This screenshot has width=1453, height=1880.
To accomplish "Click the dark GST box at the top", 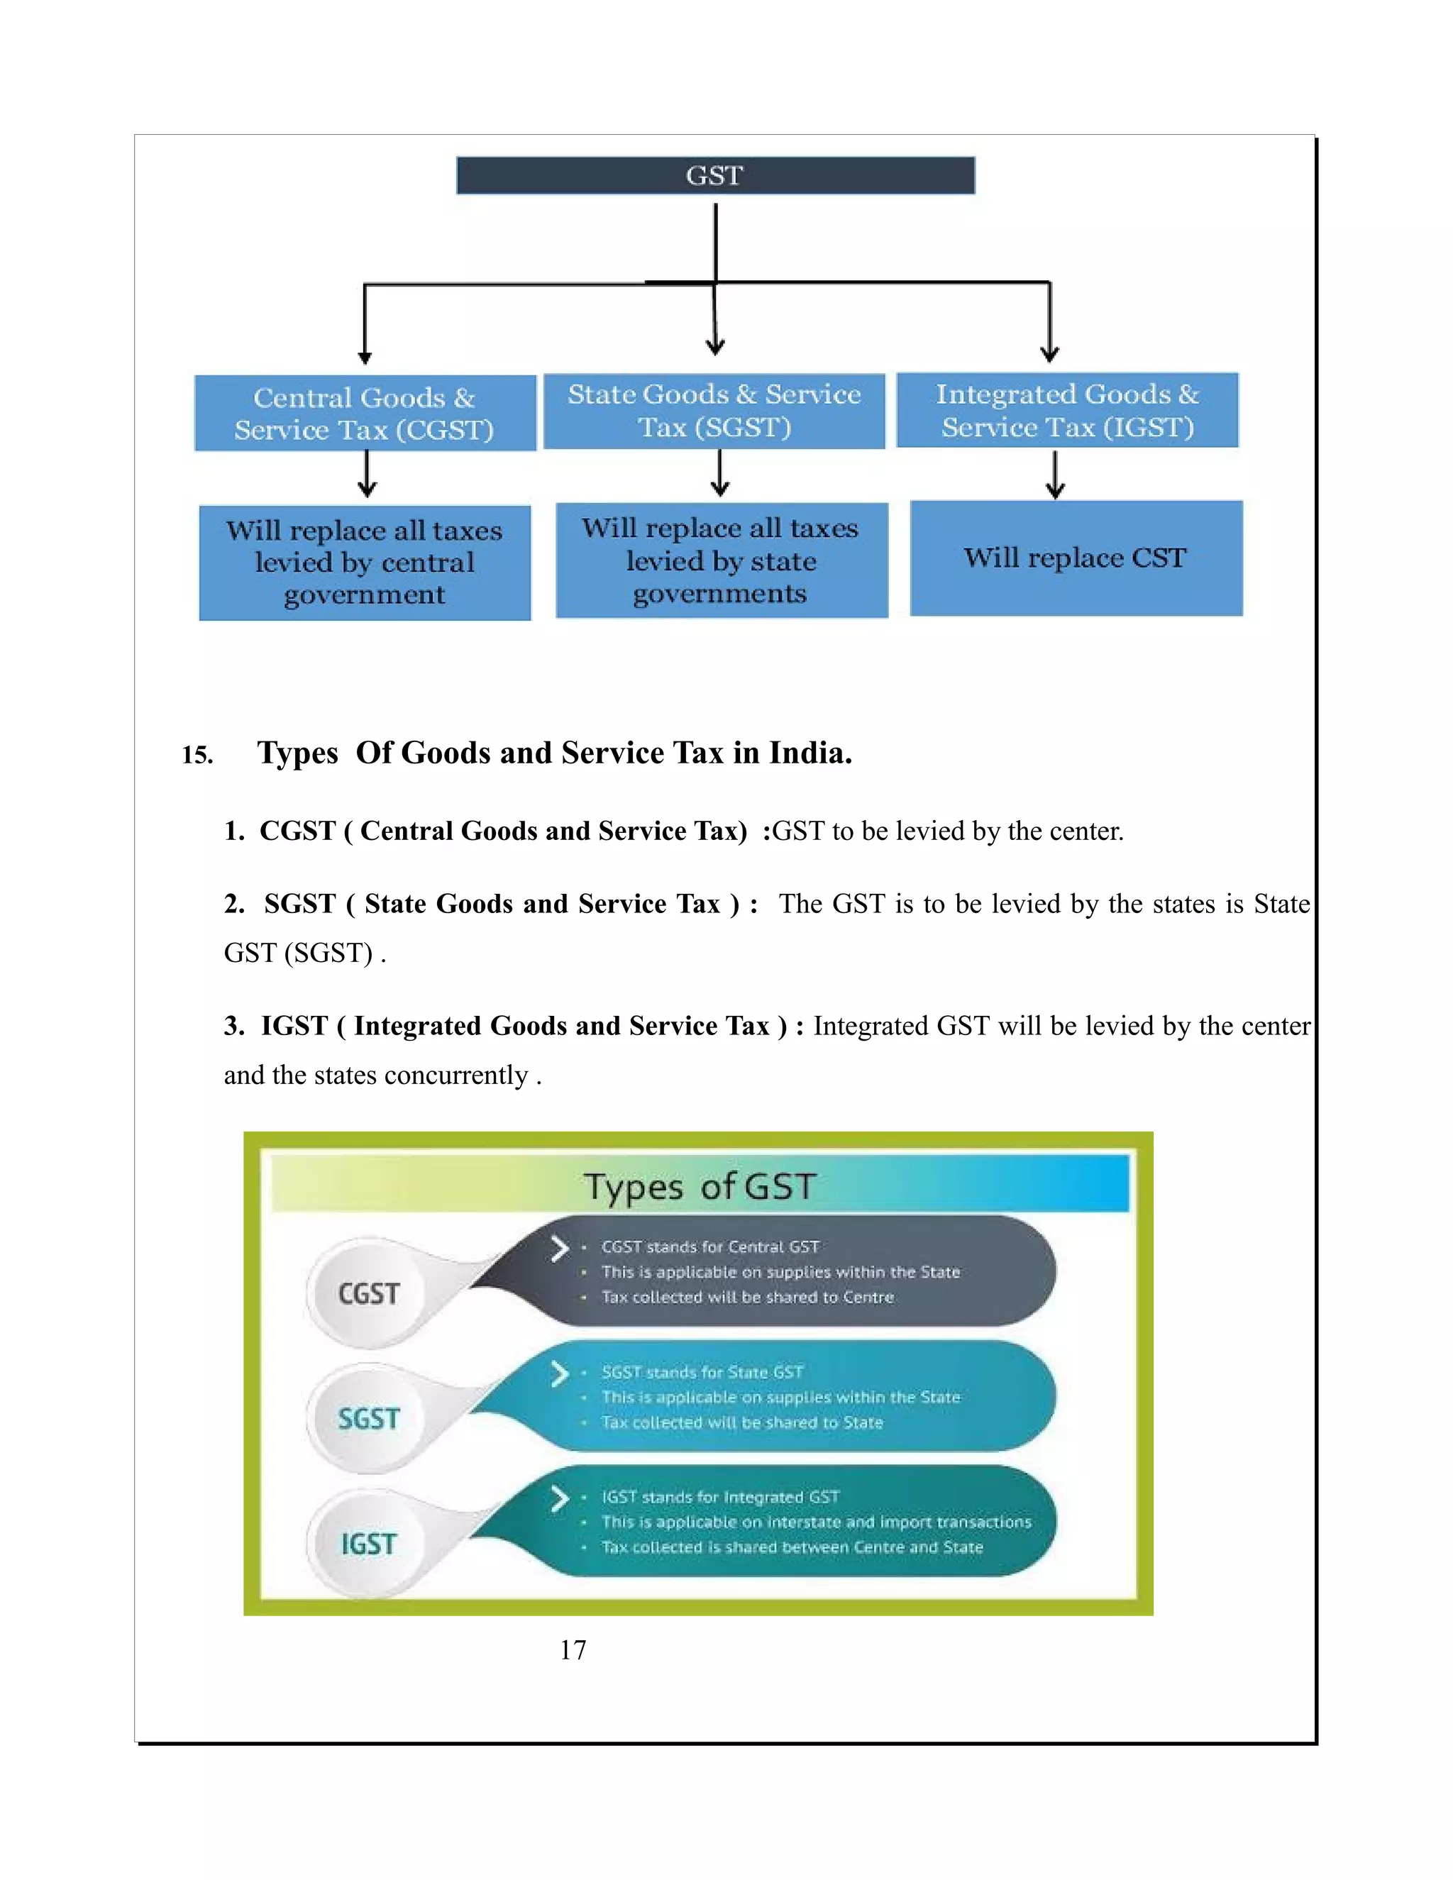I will point(715,176).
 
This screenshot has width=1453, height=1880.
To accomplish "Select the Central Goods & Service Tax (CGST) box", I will point(365,413).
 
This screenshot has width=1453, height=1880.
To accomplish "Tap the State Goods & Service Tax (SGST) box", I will point(714,411).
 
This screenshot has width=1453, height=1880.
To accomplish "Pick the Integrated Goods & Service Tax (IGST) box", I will point(1067,410).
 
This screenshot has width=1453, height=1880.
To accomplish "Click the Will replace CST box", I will point(1076,558).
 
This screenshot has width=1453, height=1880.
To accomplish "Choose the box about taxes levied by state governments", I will point(722,560).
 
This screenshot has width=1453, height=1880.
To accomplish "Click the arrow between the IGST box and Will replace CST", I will point(1055,475).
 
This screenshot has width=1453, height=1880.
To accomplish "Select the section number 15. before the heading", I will point(197,756).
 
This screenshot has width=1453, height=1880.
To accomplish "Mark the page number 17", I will point(573,1650).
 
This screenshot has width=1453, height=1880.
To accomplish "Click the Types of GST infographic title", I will point(699,1186).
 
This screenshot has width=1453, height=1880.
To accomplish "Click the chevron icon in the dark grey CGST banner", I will point(560,1248).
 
